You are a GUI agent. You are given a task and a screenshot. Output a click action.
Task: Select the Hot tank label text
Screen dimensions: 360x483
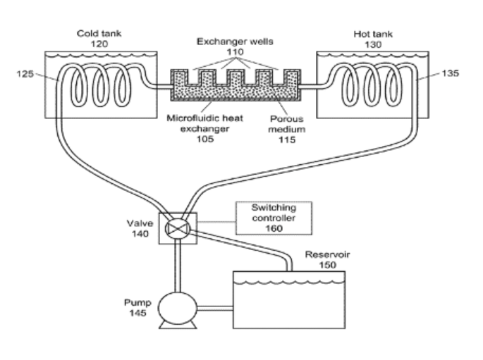click(367, 33)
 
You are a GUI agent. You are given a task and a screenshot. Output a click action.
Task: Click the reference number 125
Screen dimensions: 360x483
click(28, 73)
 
